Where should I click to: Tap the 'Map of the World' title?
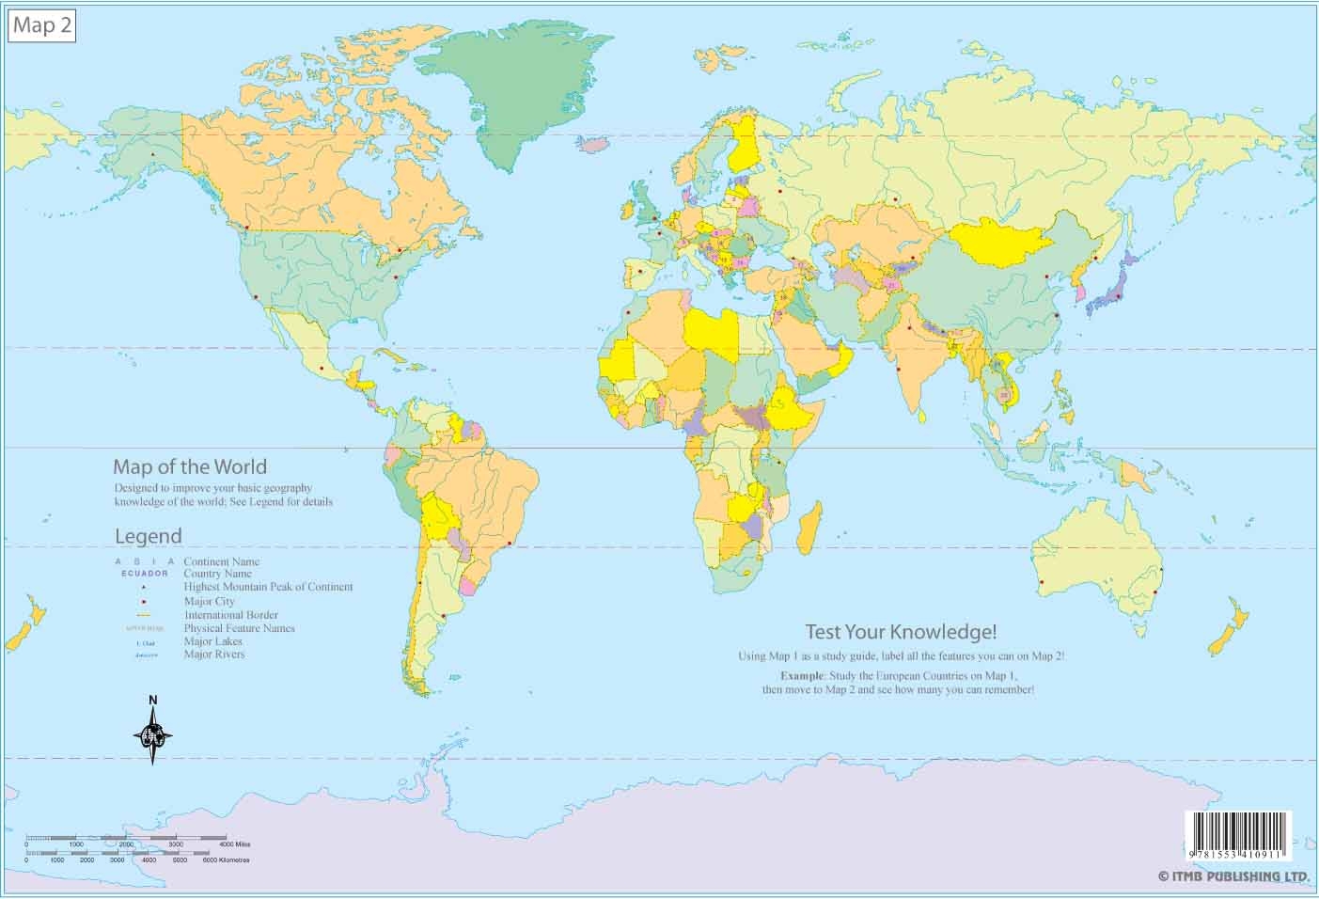189,466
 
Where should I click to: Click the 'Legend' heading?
148,536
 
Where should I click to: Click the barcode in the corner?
1238,835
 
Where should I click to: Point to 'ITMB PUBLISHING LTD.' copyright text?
1233,876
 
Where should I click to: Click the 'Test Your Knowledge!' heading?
900,632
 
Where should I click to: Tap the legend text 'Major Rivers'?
214,655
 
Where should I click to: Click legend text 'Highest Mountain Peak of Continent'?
268,587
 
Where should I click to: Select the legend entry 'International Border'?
230,615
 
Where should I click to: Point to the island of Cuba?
389,357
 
